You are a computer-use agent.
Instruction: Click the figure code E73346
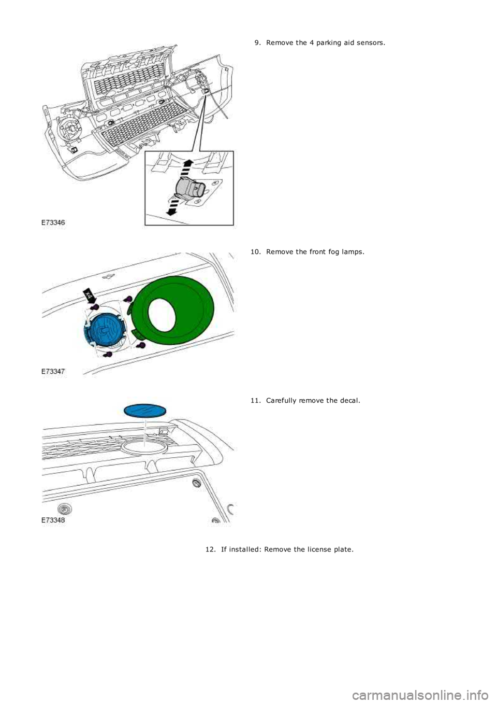click(x=53, y=222)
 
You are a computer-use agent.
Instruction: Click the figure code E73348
click(x=53, y=520)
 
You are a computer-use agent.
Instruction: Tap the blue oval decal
click(x=145, y=411)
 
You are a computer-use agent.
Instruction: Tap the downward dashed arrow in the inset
click(x=172, y=208)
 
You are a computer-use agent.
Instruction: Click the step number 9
click(x=257, y=43)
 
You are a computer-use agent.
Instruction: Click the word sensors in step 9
click(x=373, y=43)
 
